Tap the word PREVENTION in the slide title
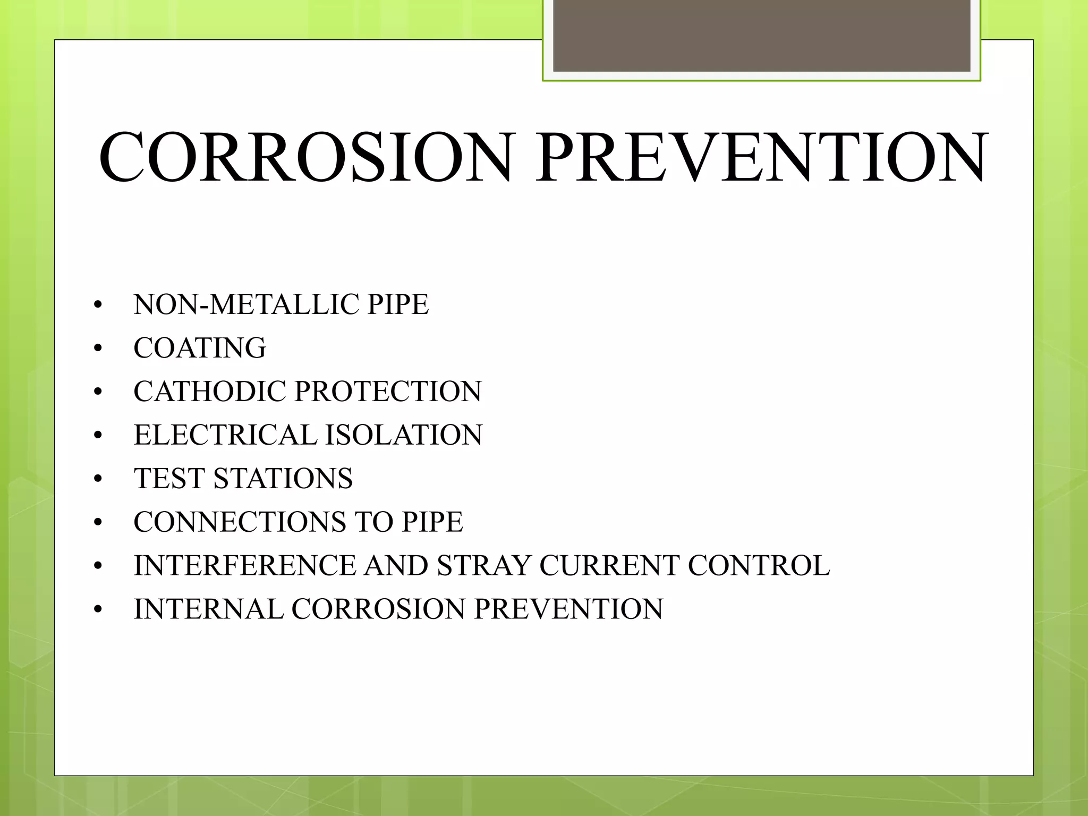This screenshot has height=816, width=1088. point(761,158)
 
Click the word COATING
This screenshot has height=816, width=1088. point(200,348)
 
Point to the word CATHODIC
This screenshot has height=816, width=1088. point(210,392)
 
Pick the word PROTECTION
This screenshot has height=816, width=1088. point(388,392)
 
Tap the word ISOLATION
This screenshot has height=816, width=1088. point(404,436)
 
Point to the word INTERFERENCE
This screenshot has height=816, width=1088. point(244,566)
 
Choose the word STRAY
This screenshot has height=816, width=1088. point(483,566)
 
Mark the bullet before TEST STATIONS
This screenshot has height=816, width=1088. point(97,480)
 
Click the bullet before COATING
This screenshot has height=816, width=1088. point(97,349)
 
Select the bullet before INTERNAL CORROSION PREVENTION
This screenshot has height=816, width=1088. point(97,610)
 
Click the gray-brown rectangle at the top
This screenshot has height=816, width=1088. point(761,36)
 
